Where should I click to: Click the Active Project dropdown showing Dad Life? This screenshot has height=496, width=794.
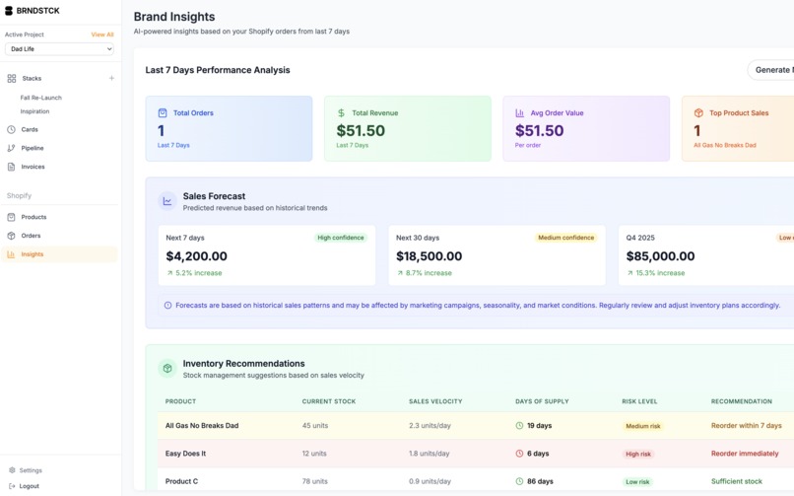59,49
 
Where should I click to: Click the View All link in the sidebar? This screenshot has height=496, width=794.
102,35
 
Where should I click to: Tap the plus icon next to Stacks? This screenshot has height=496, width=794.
111,79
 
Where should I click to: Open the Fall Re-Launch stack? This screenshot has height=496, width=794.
40,98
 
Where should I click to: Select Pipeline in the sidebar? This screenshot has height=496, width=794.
33,148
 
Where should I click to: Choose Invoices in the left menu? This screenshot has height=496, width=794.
33,167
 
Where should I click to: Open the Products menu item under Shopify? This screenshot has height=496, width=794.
33,217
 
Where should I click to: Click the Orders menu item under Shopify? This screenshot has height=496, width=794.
31,236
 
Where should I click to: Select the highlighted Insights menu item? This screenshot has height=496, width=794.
33,254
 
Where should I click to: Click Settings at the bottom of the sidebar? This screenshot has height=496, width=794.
31,470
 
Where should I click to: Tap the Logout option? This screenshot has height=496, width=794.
29,486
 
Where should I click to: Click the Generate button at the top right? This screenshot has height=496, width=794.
772,70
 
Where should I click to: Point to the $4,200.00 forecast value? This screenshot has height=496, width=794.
197,256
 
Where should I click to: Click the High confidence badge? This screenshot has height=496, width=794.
341,238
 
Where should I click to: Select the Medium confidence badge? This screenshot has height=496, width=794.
565,238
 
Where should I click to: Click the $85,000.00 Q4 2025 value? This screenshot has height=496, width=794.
661,256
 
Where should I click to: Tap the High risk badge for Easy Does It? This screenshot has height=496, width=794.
638,455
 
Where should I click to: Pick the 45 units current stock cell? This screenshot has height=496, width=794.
314,426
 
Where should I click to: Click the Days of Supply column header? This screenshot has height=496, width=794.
542,401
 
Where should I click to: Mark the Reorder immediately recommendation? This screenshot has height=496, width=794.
745,454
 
